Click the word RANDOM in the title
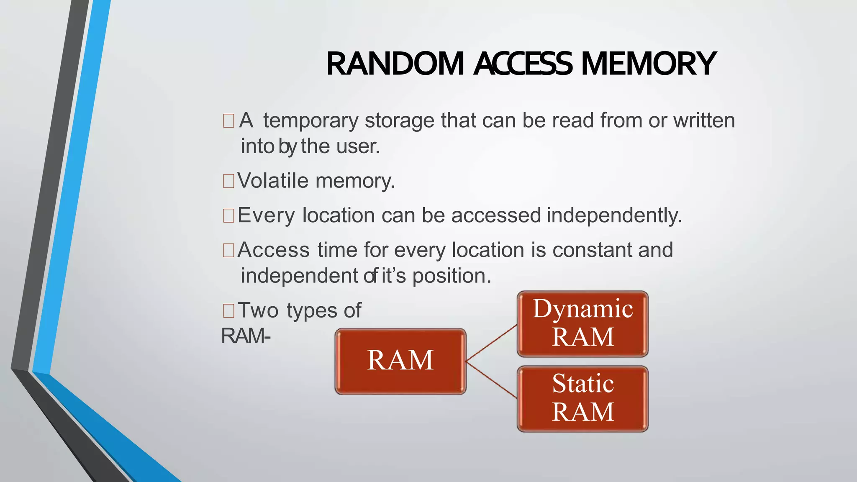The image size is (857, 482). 395,64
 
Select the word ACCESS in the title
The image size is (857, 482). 523,64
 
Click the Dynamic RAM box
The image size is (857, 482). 582,323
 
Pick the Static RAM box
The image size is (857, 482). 582,398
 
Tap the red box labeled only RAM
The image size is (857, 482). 400,361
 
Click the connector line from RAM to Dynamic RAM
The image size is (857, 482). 492,343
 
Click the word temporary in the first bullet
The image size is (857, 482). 310,121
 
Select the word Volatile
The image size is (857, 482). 273,181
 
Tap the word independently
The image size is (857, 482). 614,215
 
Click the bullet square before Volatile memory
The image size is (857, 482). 228,181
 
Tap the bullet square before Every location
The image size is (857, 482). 228,216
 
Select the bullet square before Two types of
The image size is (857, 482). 228,311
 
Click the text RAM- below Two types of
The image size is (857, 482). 246,336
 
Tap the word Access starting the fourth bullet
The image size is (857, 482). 274,250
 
